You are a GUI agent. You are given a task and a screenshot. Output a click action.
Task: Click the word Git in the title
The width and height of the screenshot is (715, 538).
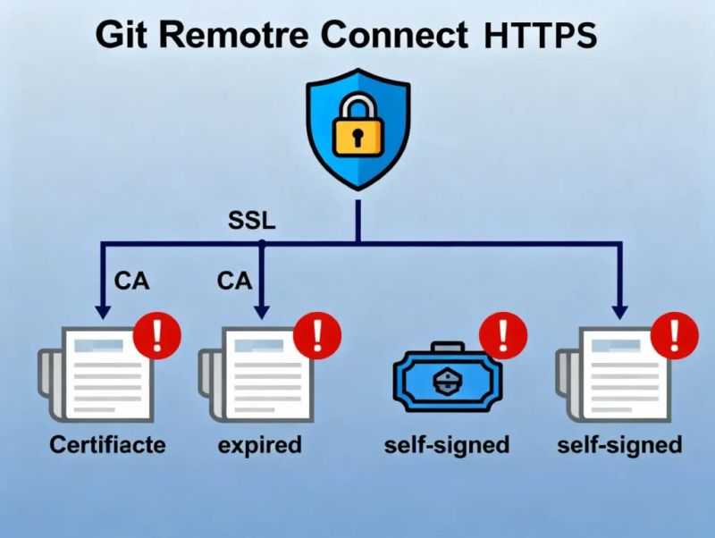[x=122, y=37]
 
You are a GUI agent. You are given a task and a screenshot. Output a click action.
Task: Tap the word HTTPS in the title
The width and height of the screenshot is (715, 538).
[x=540, y=37]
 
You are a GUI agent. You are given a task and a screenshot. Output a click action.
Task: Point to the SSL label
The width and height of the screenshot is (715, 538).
[x=252, y=221]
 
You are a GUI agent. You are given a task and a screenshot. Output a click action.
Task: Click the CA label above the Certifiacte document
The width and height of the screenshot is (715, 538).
[x=132, y=281]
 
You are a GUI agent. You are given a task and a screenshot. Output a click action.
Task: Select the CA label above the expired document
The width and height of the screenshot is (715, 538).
[x=234, y=281]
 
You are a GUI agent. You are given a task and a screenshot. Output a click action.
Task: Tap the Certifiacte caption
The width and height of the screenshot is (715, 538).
[x=107, y=444]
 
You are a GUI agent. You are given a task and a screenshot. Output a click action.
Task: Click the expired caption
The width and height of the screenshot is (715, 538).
[x=260, y=444]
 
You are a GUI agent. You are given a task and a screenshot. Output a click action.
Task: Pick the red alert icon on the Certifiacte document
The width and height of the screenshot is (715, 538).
[x=157, y=335]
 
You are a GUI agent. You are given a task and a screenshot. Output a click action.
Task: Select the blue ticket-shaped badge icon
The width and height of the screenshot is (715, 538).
[x=444, y=380]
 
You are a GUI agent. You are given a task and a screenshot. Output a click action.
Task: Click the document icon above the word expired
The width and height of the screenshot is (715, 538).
[x=255, y=374]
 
